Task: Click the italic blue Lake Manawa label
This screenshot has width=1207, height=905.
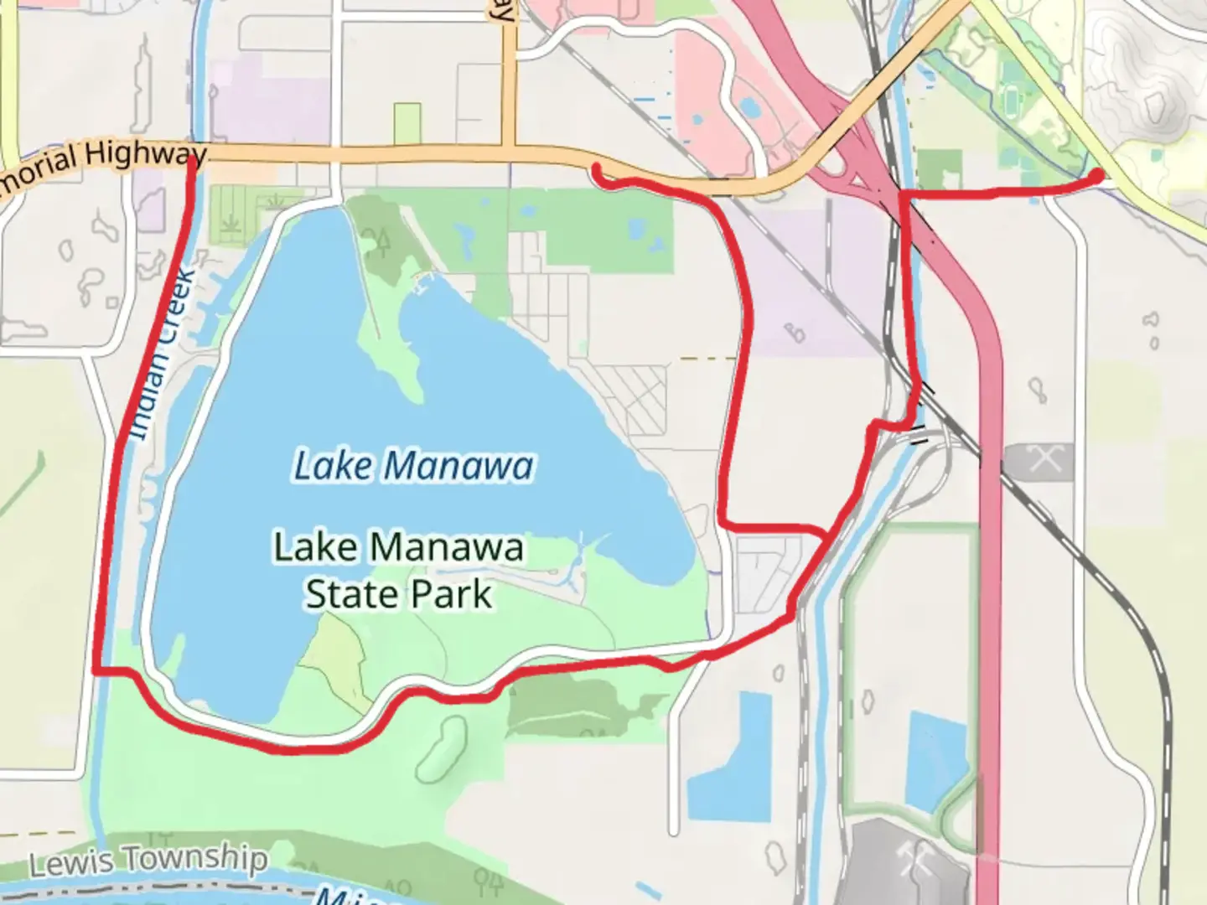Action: coord(412,466)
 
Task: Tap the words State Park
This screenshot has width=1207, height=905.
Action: coord(398,594)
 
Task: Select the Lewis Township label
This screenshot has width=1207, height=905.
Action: coord(148,861)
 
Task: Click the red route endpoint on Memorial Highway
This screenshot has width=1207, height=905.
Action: coord(597,170)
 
